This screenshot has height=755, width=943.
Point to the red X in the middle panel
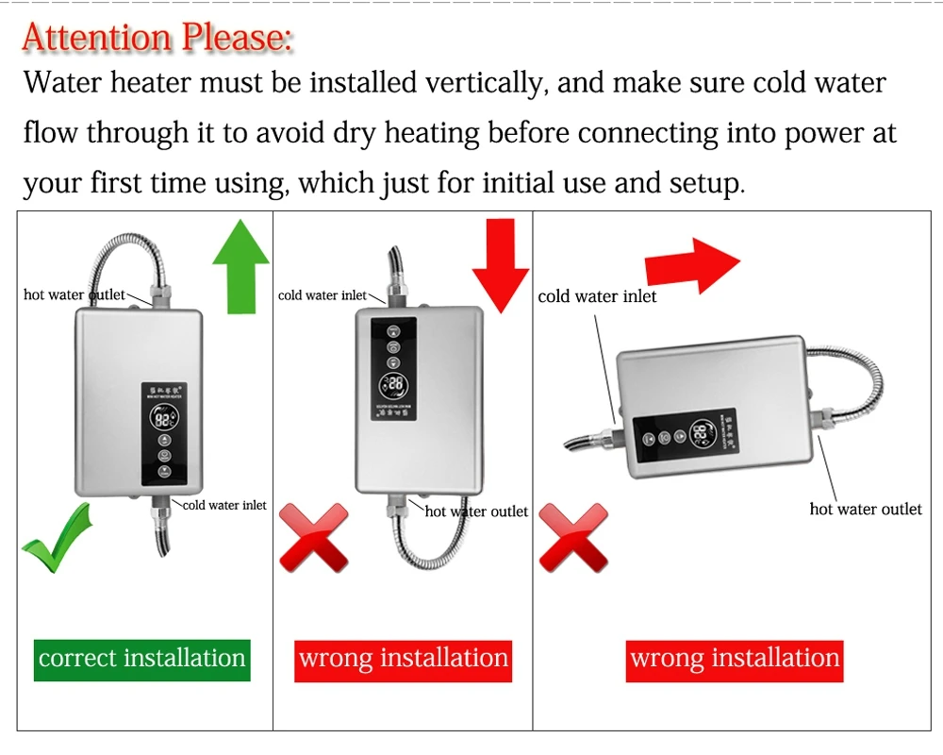click(x=314, y=538)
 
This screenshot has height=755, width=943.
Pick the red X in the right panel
click(x=573, y=538)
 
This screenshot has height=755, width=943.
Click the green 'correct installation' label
click(x=142, y=658)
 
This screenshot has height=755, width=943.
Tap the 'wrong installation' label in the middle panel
click(x=404, y=658)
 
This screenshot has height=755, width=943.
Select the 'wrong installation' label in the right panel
click(x=735, y=658)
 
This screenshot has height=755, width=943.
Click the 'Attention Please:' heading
click(x=157, y=38)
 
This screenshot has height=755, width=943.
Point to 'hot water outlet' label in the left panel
click(x=74, y=294)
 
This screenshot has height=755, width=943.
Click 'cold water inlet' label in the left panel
click(x=224, y=505)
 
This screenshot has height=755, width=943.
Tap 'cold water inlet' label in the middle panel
click(x=323, y=295)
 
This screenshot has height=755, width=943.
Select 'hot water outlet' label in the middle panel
click(x=476, y=512)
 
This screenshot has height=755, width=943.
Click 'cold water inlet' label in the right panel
click(x=597, y=296)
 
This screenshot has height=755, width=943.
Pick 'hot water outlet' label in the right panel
click(x=866, y=510)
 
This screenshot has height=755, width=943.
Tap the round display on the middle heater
click(x=395, y=385)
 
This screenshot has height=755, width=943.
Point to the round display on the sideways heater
click(x=701, y=435)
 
